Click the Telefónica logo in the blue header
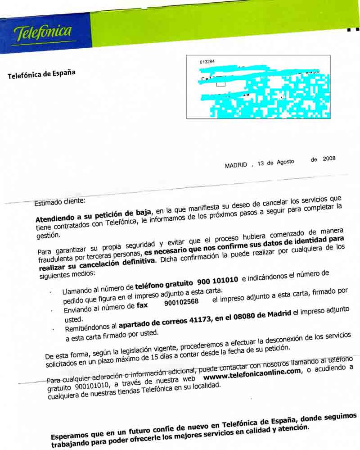(43, 32)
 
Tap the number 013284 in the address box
(207, 62)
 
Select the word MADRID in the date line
(236, 165)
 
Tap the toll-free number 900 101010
(217, 282)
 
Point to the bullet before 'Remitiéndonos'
(53, 329)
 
